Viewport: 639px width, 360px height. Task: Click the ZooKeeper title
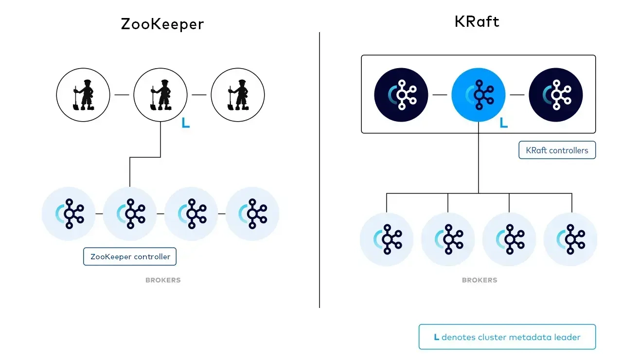pyautogui.click(x=162, y=24)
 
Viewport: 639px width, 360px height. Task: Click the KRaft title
pyautogui.click(x=477, y=21)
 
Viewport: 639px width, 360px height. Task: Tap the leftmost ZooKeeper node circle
pyautogui.click(x=83, y=95)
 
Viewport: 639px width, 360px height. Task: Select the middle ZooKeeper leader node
pyautogui.click(x=160, y=95)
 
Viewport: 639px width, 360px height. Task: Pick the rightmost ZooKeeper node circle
pyautogui.click(x=238, y=95)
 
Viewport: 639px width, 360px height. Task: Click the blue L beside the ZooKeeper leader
pyautogui.click(x=185, y=124)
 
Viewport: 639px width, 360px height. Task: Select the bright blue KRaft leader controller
pyautogui.click(x=479, y=94)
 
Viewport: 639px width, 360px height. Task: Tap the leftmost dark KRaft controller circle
pyautogui.click(x=401, y=94)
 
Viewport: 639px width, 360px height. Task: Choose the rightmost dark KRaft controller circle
pyautogui.click(x=556, y=94)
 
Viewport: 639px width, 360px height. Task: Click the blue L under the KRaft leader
pyautogui.click(x=504, y=124)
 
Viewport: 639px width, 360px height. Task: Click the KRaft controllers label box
pyautogui.click(x=557, y=150)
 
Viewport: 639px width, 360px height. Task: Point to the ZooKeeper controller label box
pyautogui.click(x=130, y=256)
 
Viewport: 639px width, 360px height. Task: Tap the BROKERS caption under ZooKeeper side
pyautogui.click(x=163, y=280)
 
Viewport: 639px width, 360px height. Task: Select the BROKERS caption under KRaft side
pyautogui.click(x=479, y=280)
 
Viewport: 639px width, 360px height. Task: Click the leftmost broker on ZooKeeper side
pyautogui.click(x=69, y=214)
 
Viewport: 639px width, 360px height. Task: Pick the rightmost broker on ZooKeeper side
pyautogui.click(x=252, y=214)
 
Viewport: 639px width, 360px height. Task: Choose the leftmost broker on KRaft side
pyautogui.click(x=387, y=239)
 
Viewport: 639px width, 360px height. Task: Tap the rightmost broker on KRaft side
pyautogui.click(x=570, y=239)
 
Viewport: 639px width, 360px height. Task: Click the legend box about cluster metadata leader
pyautogui.click(x=507, y=337)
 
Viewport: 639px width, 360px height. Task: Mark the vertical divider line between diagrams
pyautogui.click(x=319, y=170)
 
